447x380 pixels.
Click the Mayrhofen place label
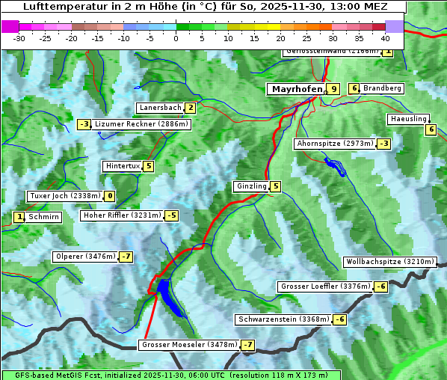coord(297,88)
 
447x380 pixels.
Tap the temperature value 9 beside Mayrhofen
coord(333,88)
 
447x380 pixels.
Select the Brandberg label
coord(382,88)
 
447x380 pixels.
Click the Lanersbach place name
coord(160,108)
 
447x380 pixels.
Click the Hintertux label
coord(123,166)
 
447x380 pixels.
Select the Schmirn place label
coord(44,217)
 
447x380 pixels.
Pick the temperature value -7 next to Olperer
coord(126,257)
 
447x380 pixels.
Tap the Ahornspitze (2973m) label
coord(335,143)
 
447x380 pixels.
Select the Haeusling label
coord(408,119)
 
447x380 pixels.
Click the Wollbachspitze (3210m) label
coord(389,262)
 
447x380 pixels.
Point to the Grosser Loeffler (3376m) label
coord(325,286)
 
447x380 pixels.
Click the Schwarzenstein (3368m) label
coord(283,319)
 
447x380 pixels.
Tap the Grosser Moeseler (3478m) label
coord(189,345)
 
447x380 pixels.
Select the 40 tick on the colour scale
coord(385,37)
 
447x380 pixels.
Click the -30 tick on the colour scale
coord(19,37)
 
